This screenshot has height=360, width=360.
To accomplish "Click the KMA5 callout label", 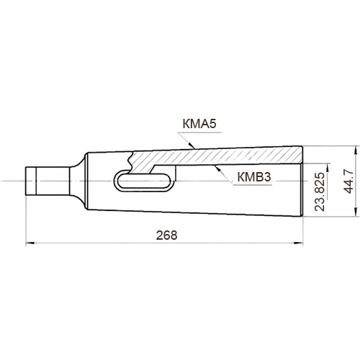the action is pos(199,124).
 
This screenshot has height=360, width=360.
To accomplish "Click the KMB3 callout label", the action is pos(254,177).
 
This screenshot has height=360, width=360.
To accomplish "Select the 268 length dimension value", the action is pos(167,235).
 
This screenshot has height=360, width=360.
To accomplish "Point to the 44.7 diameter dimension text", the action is pos(348,181).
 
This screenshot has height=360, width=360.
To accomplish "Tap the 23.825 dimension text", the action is pos(320,192).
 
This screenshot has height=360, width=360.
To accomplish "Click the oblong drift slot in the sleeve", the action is pos(143,181).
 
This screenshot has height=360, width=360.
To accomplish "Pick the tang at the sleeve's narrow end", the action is pos(48,181).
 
